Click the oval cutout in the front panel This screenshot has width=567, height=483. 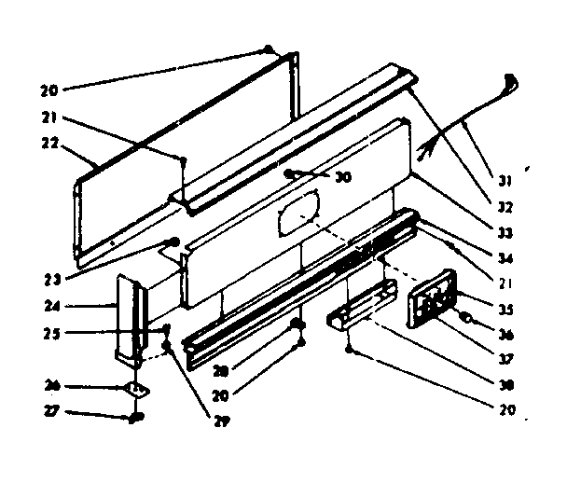(298, 212)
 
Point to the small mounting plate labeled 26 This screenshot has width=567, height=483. (135, 391)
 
